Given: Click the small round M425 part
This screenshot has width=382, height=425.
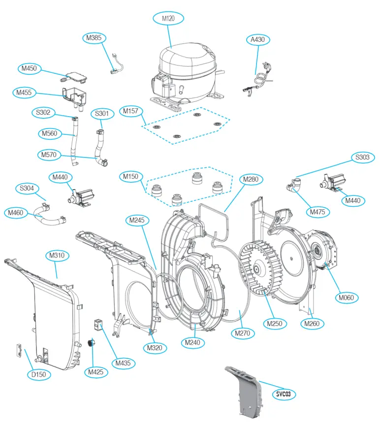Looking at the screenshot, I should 91,343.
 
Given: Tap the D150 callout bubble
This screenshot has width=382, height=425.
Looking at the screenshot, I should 38,374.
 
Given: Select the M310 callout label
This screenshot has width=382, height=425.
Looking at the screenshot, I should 58,256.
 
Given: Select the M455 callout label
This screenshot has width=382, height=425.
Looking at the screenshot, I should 24,93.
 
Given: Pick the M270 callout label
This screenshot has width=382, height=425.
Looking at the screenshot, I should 245,333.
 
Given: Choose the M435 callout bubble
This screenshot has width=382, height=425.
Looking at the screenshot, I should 124,363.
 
